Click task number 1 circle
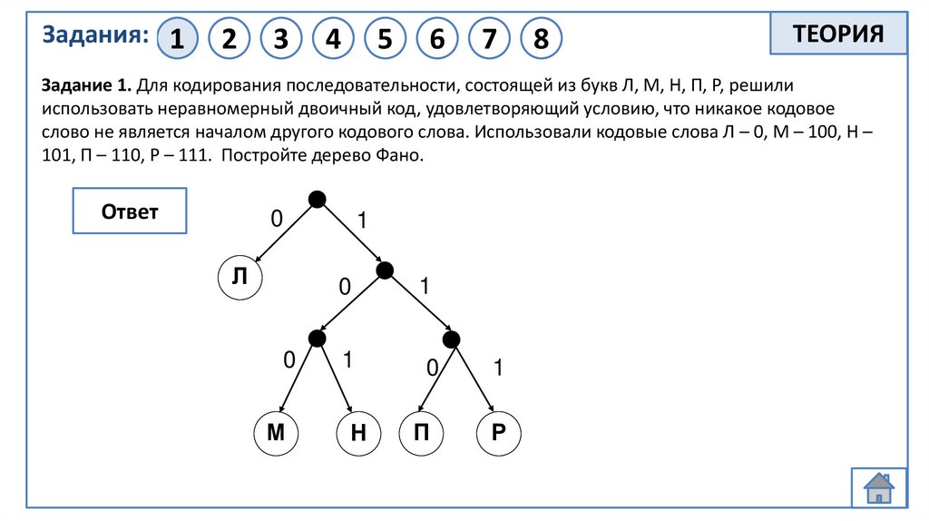tap(178, 39)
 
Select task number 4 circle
tap(334, 39)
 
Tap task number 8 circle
tap(542, 39)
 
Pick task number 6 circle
tap(437, 39)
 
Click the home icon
tap(878, 487)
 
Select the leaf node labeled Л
tap(240, 278)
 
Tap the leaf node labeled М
tap(276, 434)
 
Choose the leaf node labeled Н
tap(357, 434)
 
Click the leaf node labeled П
tap(421, 434)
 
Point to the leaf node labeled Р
tap(498, 434)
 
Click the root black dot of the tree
tap(316, 199)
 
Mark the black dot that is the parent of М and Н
tap(317, 339)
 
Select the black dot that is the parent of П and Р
tap(451, 339)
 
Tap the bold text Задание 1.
tap(86, 85)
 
